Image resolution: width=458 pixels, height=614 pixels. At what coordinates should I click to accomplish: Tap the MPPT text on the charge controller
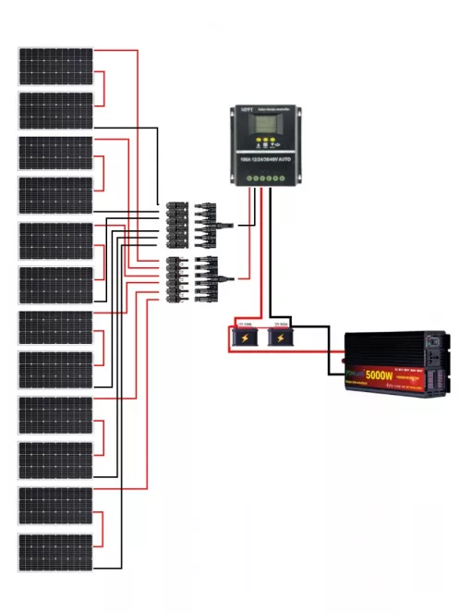(x=246, y=111)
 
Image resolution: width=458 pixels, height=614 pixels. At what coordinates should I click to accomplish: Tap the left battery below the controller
(x=245, y=336)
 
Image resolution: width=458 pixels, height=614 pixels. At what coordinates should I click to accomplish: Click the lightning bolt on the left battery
(x=245, y=339)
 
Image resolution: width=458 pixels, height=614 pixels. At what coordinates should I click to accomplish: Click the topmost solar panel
(x=56, y=66)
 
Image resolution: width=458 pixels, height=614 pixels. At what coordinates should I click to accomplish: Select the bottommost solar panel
(x=56, y=552)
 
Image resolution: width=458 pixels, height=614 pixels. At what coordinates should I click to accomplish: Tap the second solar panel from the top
(x=56, y=110)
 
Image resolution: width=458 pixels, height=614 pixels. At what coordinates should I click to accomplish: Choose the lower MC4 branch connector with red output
(x=193, y=276)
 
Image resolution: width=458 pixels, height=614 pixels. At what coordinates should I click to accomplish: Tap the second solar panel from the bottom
(x=56, y=506)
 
